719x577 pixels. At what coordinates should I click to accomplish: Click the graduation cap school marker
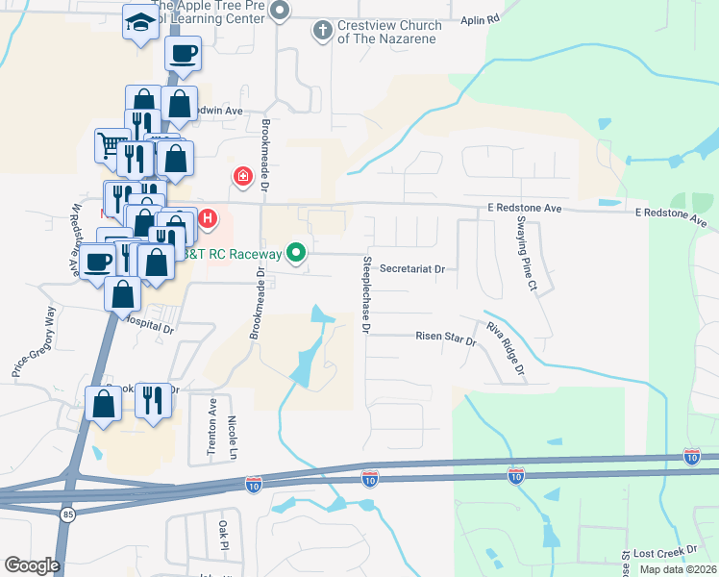tap(140, 22)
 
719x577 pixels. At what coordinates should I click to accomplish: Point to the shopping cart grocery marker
tap(111, 145)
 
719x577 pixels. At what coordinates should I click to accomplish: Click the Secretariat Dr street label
tap(412, 270)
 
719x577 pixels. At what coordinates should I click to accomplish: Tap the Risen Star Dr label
tap(446, 339)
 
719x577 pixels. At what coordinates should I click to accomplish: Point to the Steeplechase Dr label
tap(366, 294)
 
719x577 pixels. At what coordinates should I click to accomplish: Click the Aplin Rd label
tap(481, 19)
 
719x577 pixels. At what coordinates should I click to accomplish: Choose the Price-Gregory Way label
tap(33, 341)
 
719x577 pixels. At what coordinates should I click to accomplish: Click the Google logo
tap(32, 564)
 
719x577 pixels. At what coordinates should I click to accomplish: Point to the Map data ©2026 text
tap(678, 569)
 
